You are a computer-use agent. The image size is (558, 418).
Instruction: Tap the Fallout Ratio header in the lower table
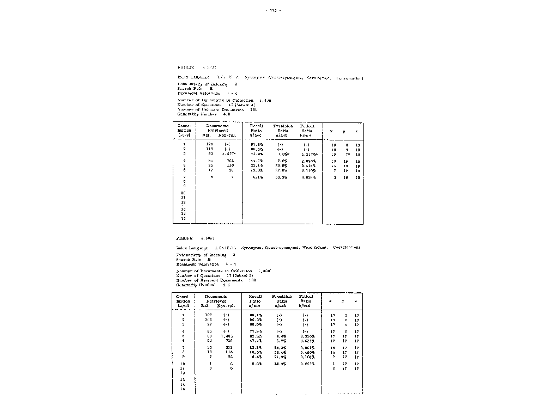tap(309, 301)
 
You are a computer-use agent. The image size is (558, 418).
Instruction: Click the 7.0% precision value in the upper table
tap(281, 161)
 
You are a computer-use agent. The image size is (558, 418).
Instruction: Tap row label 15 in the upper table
tap(184, 218)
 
